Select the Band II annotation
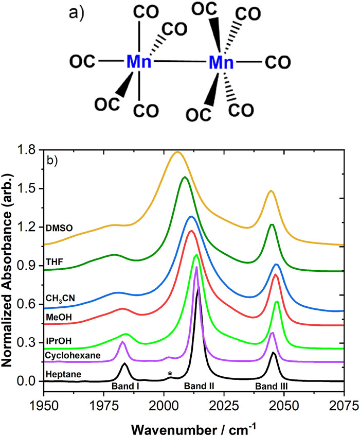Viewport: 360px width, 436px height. [201, 385]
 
